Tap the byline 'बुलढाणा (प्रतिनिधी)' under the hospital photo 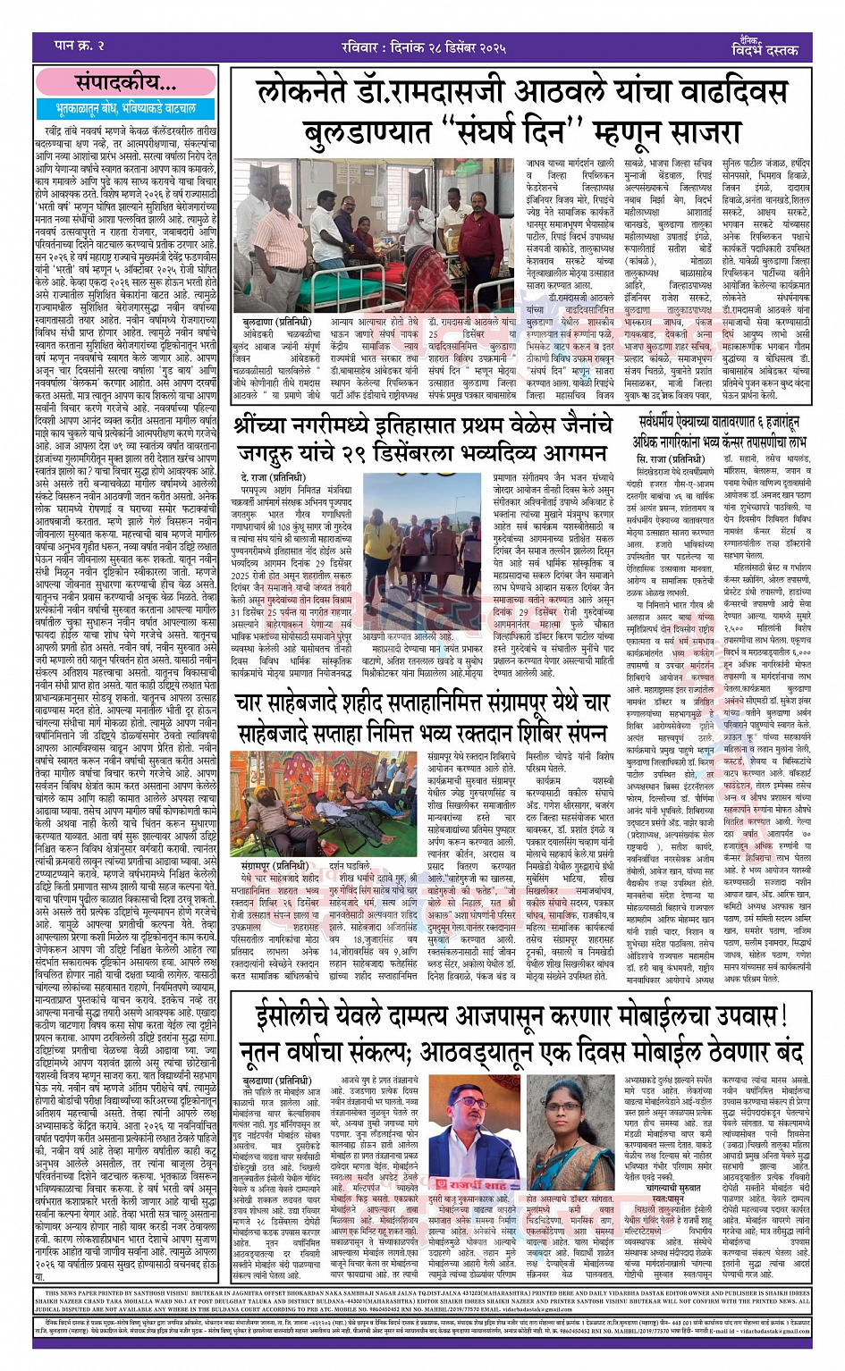coord(276,321)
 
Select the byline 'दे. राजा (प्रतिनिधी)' coord(273,478)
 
